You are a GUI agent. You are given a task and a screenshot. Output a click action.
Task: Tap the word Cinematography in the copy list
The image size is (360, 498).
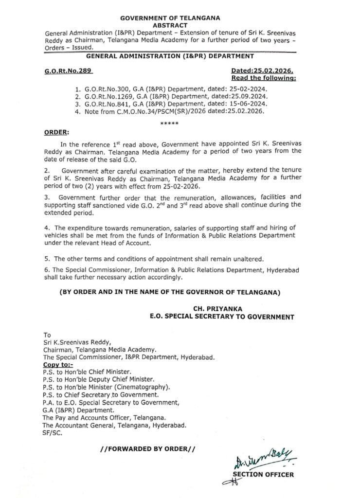click(145, 386)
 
